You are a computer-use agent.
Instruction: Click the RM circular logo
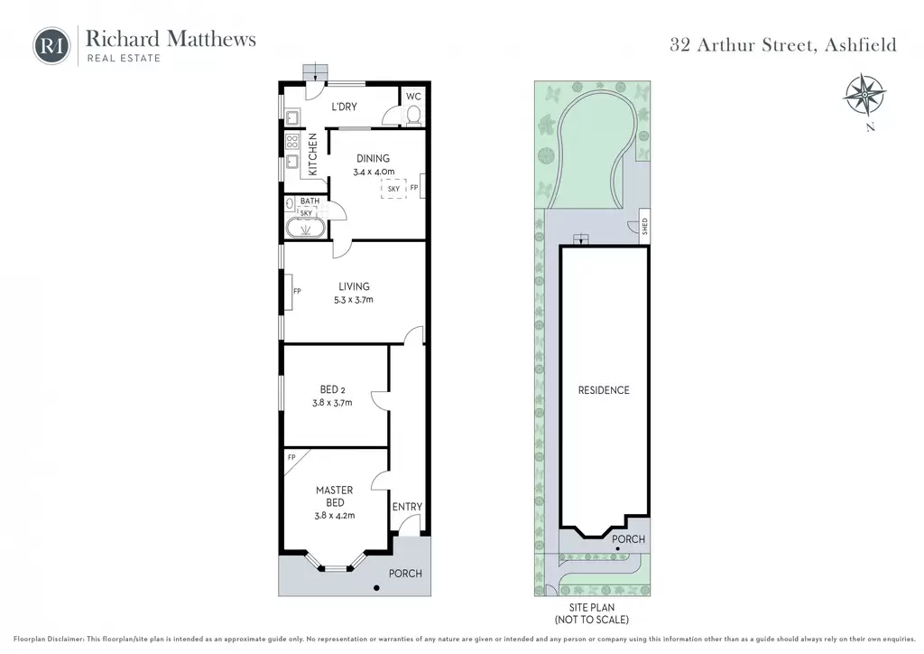coord(51,46)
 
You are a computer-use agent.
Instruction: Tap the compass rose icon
coord(864,94)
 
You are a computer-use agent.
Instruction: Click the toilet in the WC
coord(413,116)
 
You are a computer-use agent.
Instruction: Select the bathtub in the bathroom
coord(306,229)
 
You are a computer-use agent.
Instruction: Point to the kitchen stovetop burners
coord(292,142)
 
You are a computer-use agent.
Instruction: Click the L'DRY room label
coord(344,107)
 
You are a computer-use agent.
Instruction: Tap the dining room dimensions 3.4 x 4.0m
coord(374,173)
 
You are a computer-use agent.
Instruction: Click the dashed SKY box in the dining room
coord(393,189)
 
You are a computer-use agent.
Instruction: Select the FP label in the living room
coord(297,291)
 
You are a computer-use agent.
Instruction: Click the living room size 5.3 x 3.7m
coord(354,300)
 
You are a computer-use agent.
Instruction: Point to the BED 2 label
coord(332,390)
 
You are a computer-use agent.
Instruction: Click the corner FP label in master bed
coord(291,458)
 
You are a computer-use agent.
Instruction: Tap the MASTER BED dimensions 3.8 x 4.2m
coord(335,516)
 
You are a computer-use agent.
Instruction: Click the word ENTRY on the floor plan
coord(407,507)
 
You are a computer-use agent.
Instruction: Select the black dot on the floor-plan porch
coord(376,588)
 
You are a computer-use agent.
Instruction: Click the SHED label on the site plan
coord(644,227)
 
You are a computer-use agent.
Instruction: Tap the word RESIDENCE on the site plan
coord(604,390)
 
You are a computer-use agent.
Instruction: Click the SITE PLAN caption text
coord(592,607)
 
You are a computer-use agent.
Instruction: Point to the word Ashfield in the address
coord(860,45)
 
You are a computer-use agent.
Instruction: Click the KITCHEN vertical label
coord(313,154)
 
